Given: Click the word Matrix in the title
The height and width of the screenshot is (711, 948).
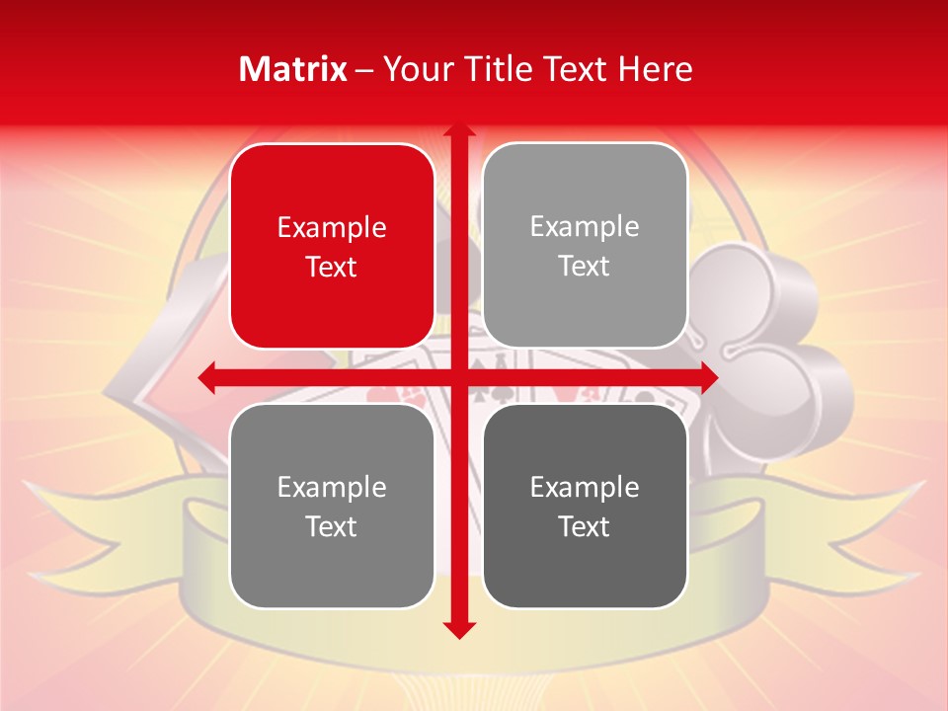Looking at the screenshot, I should (x=293, y=69).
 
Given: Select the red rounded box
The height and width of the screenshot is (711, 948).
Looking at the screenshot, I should (x=332, y=246).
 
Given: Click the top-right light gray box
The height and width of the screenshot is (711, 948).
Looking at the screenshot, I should (x=585, y=246).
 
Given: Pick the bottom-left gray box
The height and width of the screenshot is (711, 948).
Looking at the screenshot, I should (x=332, y=506).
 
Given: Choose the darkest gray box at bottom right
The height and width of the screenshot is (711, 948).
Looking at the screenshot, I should (x=585, y=506).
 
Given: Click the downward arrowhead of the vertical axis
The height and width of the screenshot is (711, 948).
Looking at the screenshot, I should (x=458, y=629).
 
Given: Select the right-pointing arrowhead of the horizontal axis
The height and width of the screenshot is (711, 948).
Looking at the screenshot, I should (x=708, y=376).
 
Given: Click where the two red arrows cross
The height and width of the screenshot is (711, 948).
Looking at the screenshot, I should (x=458, y=376).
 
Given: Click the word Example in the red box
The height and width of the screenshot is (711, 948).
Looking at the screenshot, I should (x=332, y=227).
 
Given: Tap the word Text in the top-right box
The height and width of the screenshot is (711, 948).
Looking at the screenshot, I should (x=585, y=267).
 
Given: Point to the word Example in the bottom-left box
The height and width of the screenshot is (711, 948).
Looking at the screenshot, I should (x=332, y=487).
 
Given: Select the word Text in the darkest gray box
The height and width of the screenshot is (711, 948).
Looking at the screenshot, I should (x=585, y=526).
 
